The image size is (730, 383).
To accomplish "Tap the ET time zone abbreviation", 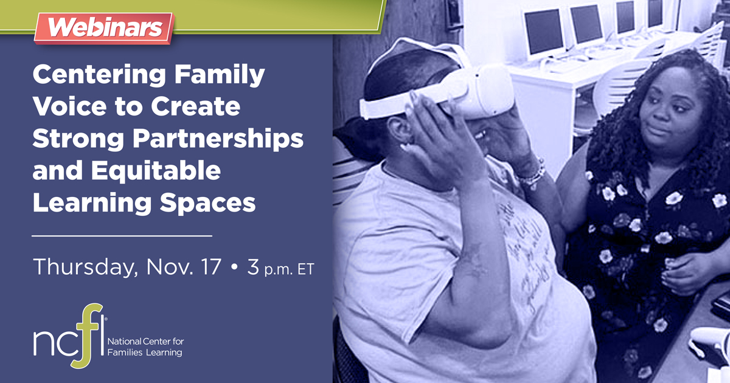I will (x=305, y=269).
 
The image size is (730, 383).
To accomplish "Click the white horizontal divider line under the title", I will (x=122, y=234).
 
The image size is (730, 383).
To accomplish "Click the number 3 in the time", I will (x=252, y=266).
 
